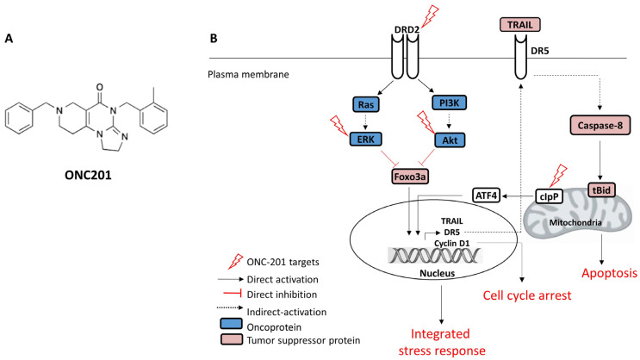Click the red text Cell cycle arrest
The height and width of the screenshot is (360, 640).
[x=490, y=295]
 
